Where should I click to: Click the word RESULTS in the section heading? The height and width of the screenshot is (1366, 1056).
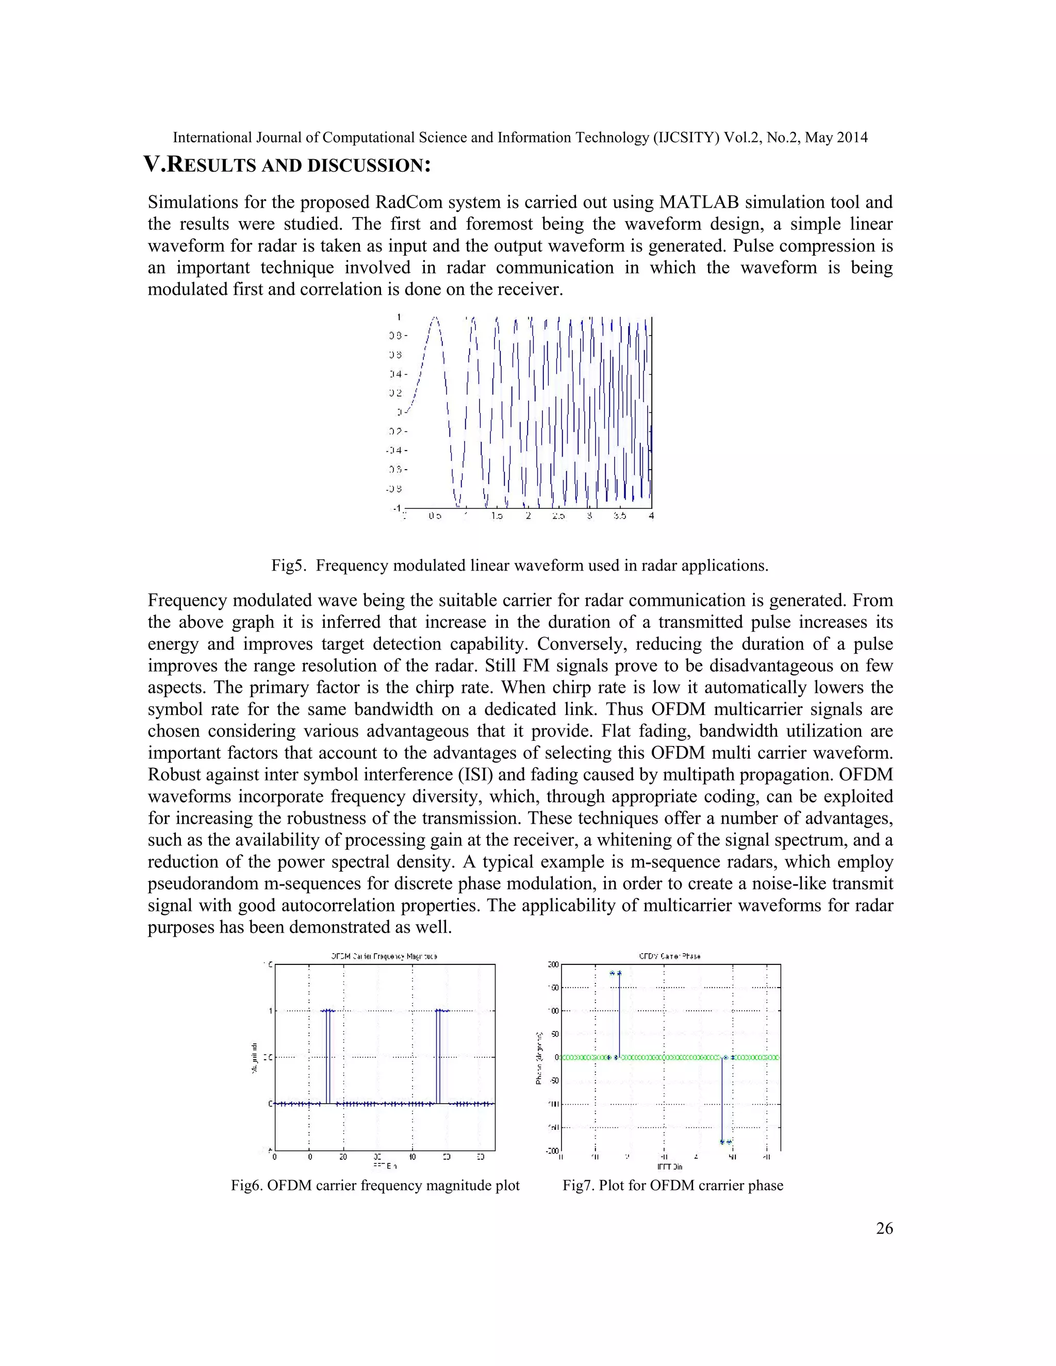212,166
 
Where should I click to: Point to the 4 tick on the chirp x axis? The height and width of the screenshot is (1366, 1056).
651,517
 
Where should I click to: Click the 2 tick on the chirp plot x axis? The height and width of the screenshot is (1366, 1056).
529,517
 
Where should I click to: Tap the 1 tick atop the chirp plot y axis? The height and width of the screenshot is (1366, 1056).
399,317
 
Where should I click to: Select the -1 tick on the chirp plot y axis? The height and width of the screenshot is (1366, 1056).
397,508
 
